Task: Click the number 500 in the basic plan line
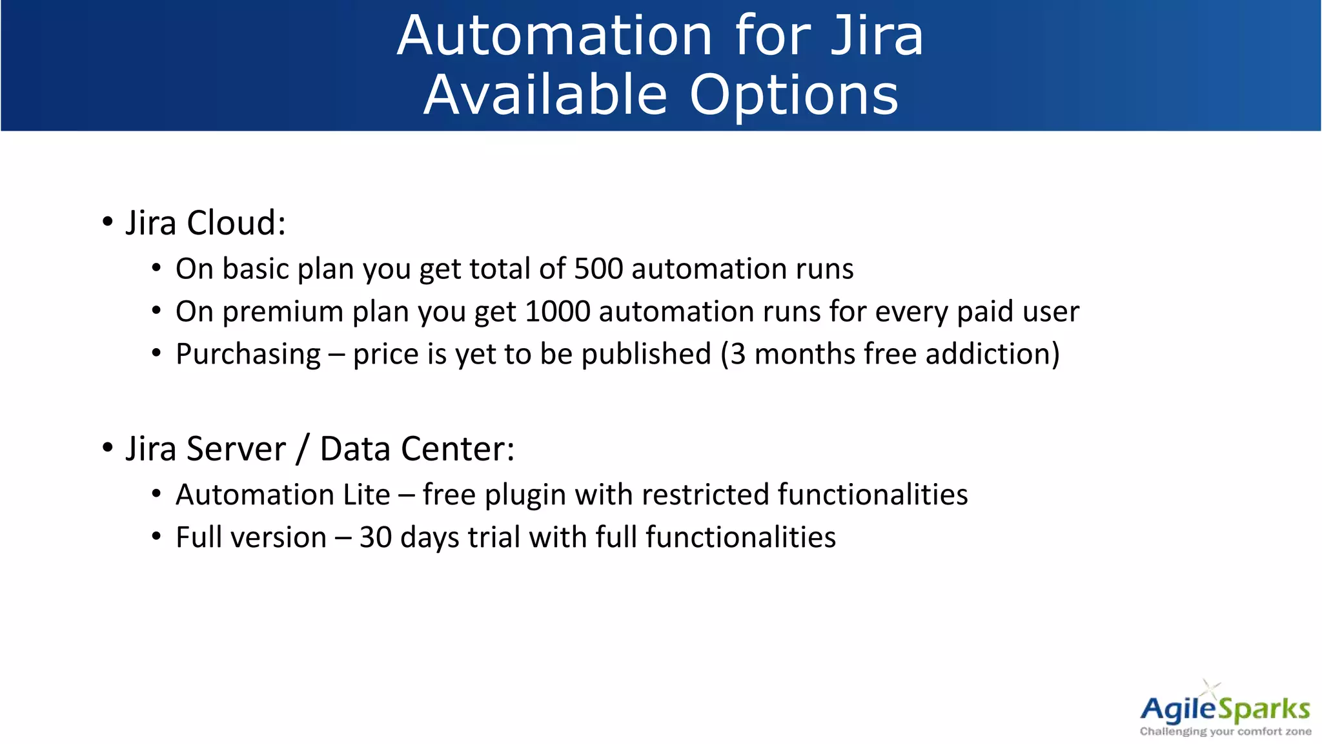598,269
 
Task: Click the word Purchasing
248,355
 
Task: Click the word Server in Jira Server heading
236,449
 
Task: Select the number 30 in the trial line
375,537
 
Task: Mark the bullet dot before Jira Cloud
108,222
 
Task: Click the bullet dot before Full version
156,536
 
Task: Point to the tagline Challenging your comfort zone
1225,732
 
